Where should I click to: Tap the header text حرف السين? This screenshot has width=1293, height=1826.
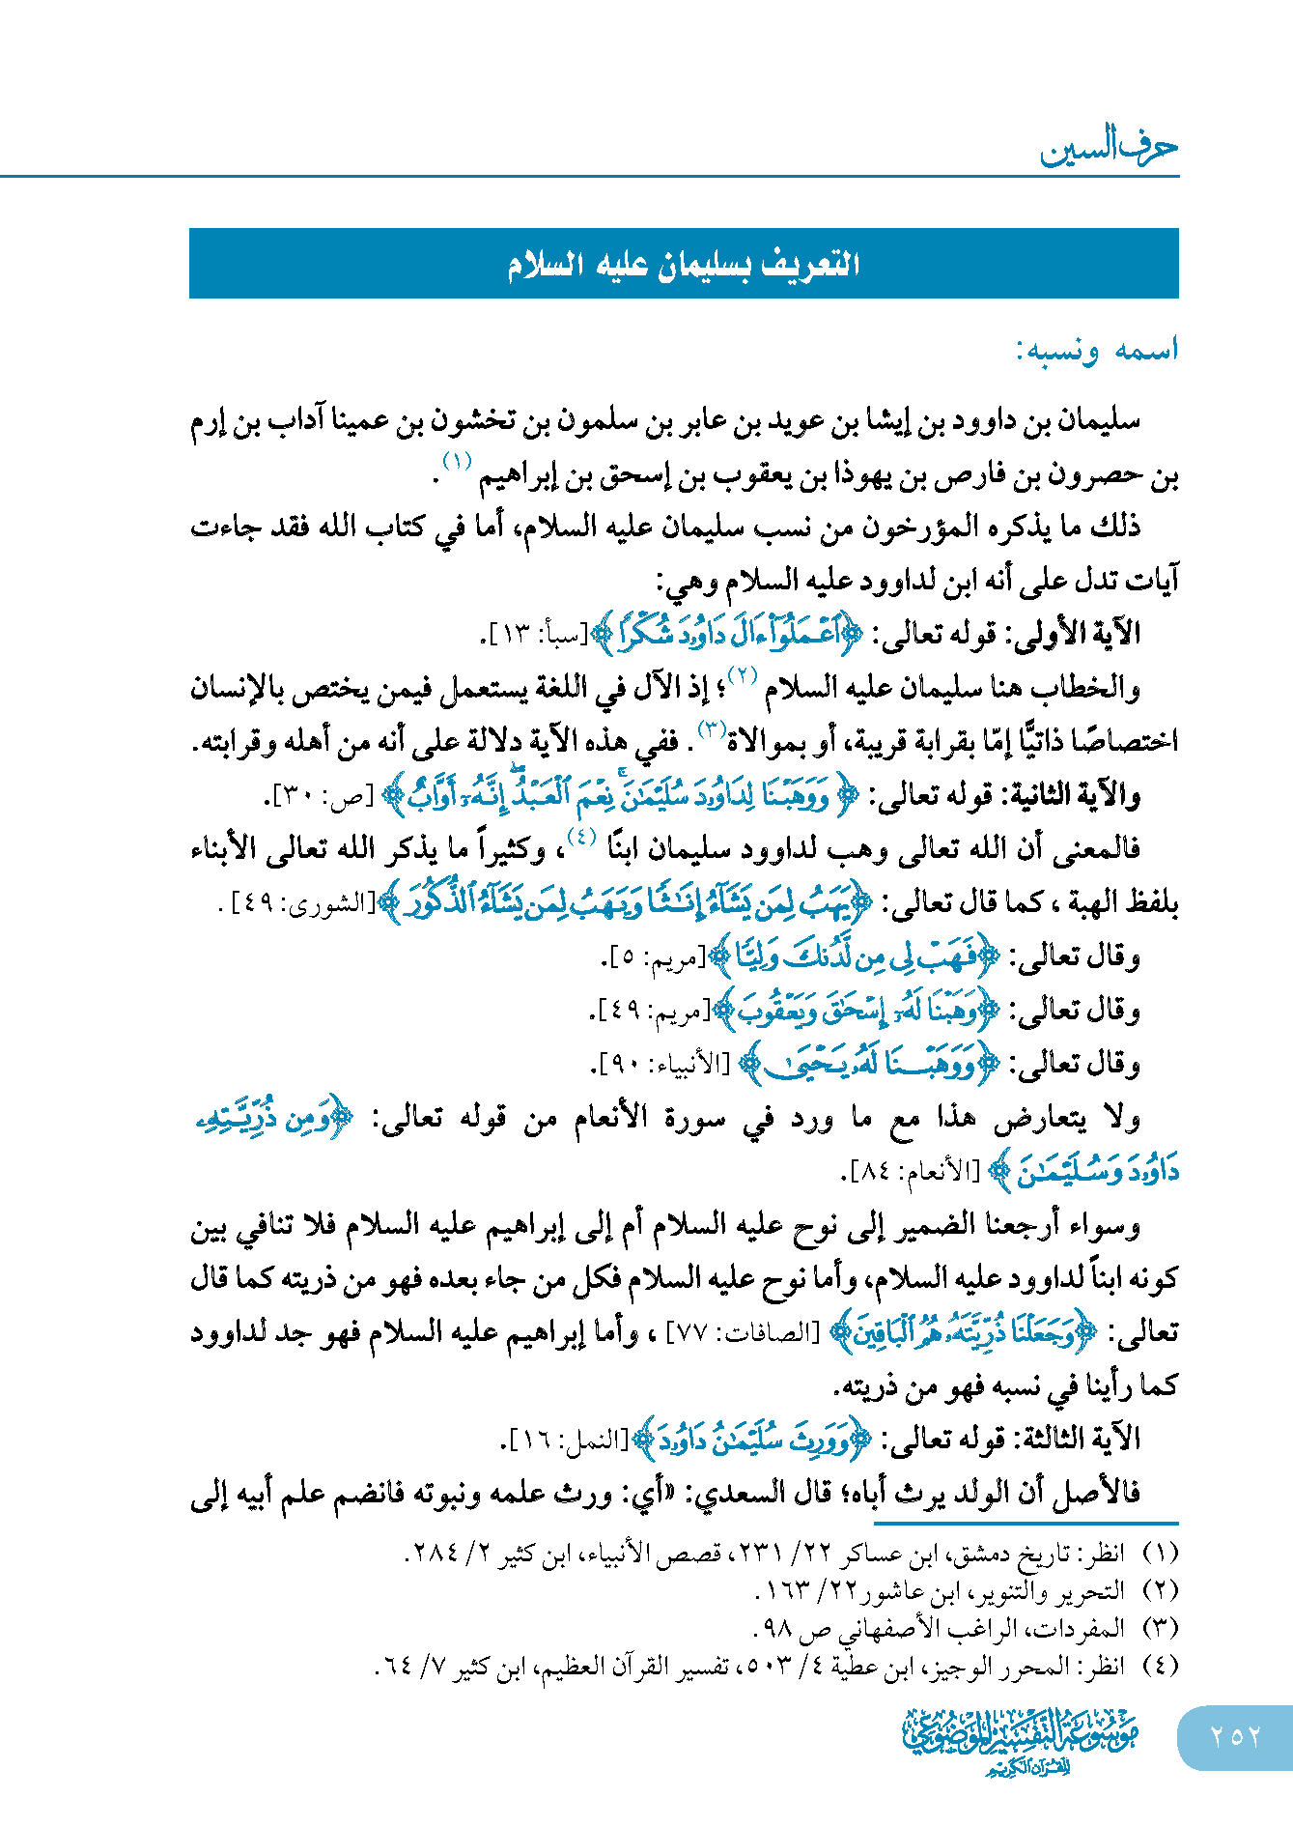(x=1109, y=149)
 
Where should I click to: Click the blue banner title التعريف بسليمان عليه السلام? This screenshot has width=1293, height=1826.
(x=684, y=264)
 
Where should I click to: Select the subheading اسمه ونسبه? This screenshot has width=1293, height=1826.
(x=1096, y=350)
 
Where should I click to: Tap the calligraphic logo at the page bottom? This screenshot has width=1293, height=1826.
(x=1021, y=1740)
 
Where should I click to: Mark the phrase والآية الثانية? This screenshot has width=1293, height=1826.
(x=1067, y=796)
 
